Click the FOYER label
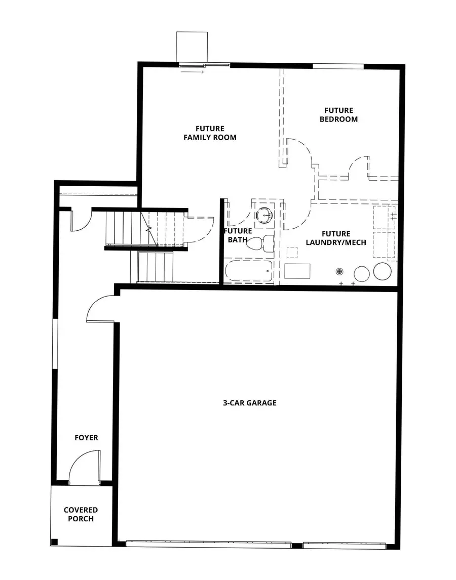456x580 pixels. (x=86, y=437)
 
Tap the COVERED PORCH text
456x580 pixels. (x=81, y=514)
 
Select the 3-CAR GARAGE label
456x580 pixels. (x=250, y=403)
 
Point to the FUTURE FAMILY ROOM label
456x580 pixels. (x=210, y=133)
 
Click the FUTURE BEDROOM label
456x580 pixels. (x=338, y=114)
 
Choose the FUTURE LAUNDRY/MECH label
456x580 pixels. (x=336, y=238)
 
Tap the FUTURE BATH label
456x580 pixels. (x=238, y=235)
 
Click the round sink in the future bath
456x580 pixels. (x=264, y=215)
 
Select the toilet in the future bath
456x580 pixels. (x=259, y=242)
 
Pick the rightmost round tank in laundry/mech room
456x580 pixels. (x=382, y=271)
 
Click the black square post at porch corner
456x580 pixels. (x=55, y=542)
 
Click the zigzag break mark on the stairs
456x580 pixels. (x=149, y=229)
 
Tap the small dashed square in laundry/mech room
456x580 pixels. (x=291, y=252)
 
